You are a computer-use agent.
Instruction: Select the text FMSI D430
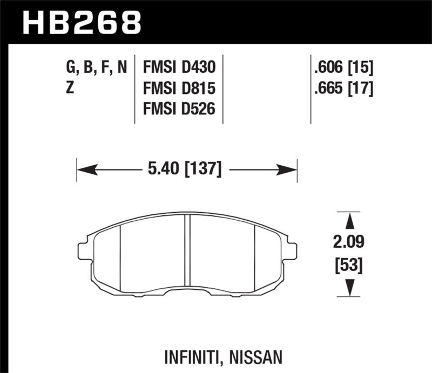click(x=179, y=67)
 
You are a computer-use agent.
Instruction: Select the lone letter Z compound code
click(x=70, y=88)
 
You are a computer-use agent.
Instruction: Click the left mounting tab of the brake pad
click(x=84, y=250)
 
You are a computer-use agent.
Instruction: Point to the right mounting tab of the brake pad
click(x=291, y=250)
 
